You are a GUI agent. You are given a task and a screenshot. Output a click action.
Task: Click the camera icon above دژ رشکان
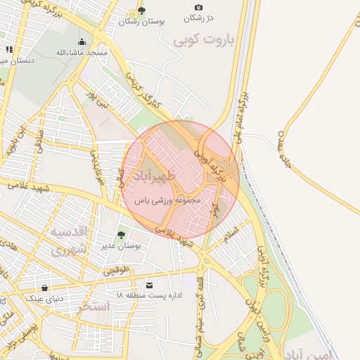pos(198,8)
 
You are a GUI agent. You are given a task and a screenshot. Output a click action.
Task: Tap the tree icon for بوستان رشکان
pos(142,10)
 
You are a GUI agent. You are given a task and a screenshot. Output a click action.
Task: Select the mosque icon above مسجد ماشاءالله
pos(83,41)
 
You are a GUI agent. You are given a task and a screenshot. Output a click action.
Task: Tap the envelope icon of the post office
pos(149,285)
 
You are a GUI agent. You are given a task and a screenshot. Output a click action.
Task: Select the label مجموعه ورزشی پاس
pos(169,200)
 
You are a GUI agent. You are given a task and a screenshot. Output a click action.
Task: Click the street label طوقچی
pos(117,269)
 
